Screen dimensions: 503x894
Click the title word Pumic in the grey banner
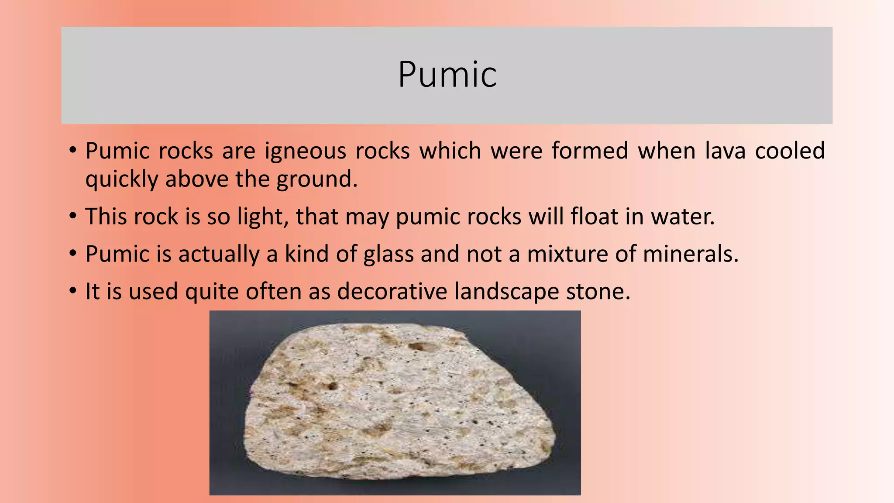pyautogui.click(x=447, y=75)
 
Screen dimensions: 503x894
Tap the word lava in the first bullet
pyautogui.click(x=725, y=151)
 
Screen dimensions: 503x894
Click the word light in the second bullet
pyautogui.click(x=262, y=217)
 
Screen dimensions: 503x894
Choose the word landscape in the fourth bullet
pyautogui.click(x=506, y=291)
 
